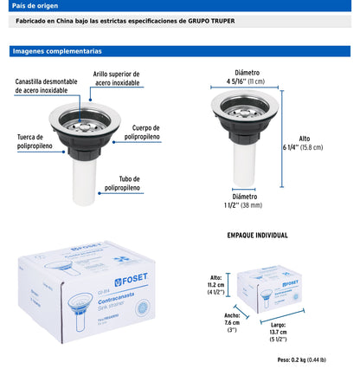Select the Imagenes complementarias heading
pos(56,52)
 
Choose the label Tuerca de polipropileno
pos(34,141)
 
